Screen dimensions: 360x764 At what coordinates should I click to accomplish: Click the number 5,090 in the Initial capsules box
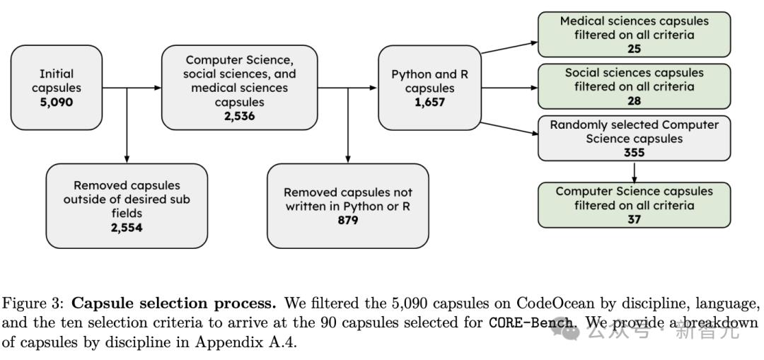pos(56,103)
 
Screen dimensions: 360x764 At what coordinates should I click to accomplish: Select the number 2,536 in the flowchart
pos(239,116)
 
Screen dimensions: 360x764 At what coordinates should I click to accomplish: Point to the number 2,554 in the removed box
pos(127,227)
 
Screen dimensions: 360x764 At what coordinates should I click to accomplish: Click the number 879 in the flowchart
pos(347,220)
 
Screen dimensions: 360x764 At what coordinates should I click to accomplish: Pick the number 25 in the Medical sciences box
pos(634,49)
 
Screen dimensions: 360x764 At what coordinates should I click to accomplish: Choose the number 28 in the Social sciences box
pos(634,100)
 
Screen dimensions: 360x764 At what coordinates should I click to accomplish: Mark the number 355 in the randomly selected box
pos(634,152)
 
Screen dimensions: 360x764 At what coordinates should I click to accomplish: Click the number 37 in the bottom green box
pos(634,219)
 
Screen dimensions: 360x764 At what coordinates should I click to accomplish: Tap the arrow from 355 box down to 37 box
pos(634,172)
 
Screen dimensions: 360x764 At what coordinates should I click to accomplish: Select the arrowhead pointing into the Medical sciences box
pos(533,42)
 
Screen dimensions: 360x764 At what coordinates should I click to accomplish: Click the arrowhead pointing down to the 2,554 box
pos(127,159)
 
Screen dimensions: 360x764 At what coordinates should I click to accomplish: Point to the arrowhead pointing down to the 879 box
pos(347,159)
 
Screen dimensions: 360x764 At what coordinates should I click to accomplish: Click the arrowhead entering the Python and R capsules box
pos(373,88)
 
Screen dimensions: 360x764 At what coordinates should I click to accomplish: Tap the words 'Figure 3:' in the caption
pos(33,303)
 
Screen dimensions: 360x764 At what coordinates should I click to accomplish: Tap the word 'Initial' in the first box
pos(56,74)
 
